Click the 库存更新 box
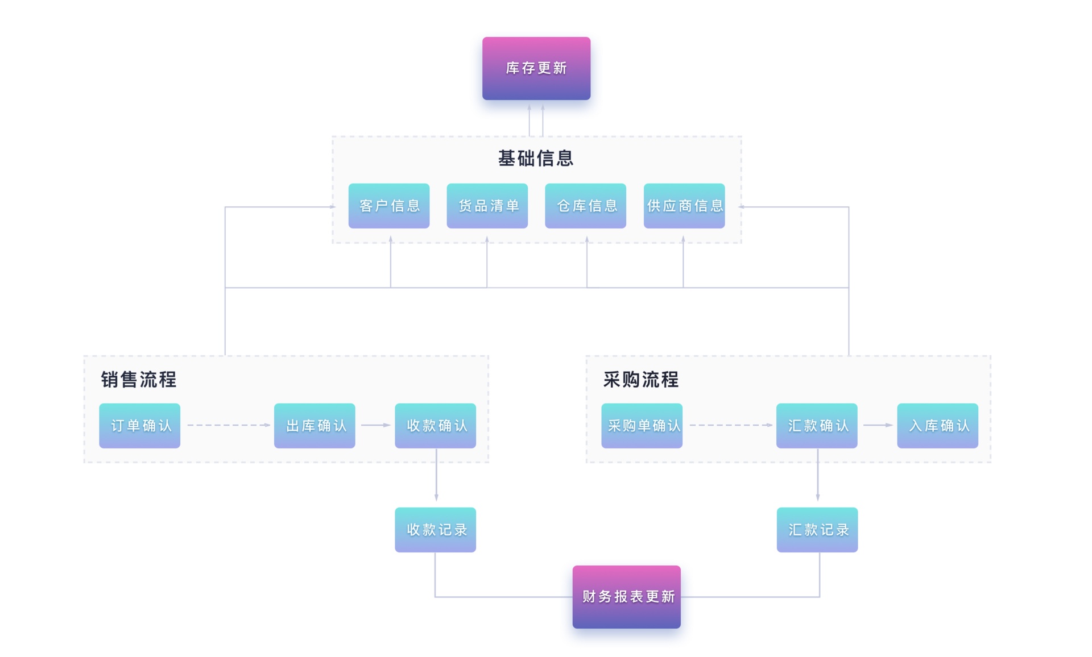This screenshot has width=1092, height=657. (x=536, y=68)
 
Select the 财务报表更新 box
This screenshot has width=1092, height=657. (x=626, y=596)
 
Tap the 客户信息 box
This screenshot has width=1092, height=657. (x=389, y=206)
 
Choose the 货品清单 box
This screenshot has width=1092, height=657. (x=487, y=206)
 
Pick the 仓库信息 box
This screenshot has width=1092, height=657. (x=585, y=206)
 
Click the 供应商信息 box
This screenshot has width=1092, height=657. (x=684, y=206)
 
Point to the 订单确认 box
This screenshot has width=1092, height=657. (x=140, y=426)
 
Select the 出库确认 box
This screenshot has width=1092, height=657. (x=315, y=426)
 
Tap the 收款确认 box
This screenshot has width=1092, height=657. (x=436, y=426)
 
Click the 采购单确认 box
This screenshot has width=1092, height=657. (x=642, y=426)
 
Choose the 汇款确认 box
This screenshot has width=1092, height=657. (x=817, y=426)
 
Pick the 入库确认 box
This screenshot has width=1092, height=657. (x=938, y=426)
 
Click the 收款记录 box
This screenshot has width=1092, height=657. (x=436, y=530)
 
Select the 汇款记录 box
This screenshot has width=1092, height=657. (x=817, y=530)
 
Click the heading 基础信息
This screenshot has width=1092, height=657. (x=536, y=158)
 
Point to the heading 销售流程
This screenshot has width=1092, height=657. (x=139, y=379)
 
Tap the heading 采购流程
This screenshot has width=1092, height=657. (x=641, y=379)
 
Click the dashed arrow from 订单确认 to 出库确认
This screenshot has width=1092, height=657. (x=227, y=425)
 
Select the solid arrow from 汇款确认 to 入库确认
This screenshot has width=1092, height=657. (x=877, y=425)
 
